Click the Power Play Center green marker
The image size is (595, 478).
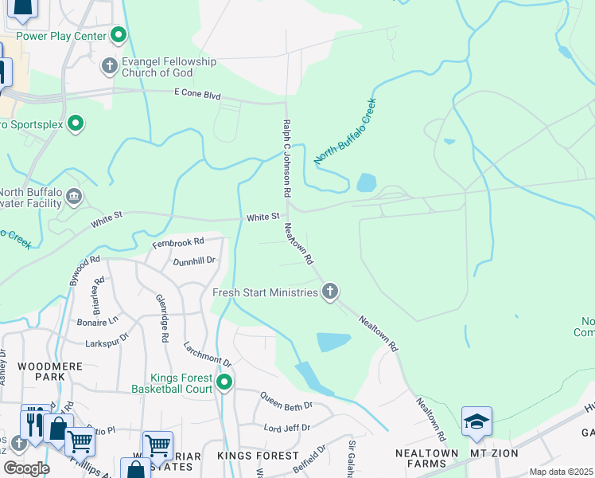pyautogui.click(x=119, y=35)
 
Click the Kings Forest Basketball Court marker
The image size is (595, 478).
pyautogui.click(x=224, y=383)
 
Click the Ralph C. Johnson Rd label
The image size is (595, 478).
pyautogui.click(x=286, y=159)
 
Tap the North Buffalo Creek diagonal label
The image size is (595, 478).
pyautogui.click(x=344, y=131)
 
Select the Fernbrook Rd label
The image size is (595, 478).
pyautogui.click(x=178, y=241)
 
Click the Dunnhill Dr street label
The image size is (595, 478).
pyautogui.click(x=194, y=261)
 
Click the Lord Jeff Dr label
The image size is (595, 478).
pyautogui.click(x=288, y=428)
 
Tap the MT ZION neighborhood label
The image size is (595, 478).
pyautogui.click(x=494, y=453)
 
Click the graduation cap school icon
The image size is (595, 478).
pyautogui.click(x=476, y=421)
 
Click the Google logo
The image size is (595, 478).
pyautogui.click(x=26, y=468)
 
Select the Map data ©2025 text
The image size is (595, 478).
pyautogui.click(x=561, y=472)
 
